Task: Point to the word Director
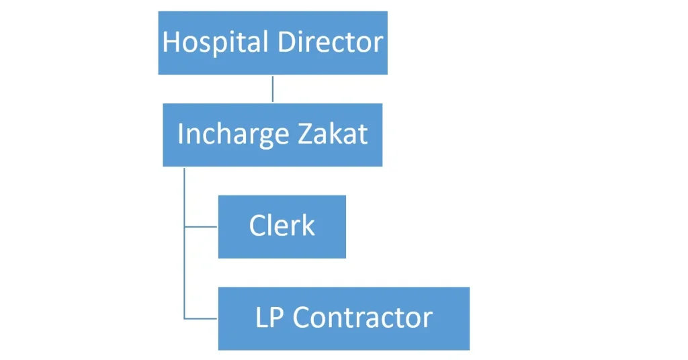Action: coord(330,42)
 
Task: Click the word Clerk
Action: coord(282,226)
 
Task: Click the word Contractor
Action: coord(363,317)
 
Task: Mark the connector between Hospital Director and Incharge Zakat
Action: coord(273,89)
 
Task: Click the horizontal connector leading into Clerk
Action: coord(201,227)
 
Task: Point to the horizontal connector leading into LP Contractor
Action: coord(201,318)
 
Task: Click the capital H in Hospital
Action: coord(171,42)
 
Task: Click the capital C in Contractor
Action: coord(301,317)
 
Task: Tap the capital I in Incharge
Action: coord(180,134)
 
